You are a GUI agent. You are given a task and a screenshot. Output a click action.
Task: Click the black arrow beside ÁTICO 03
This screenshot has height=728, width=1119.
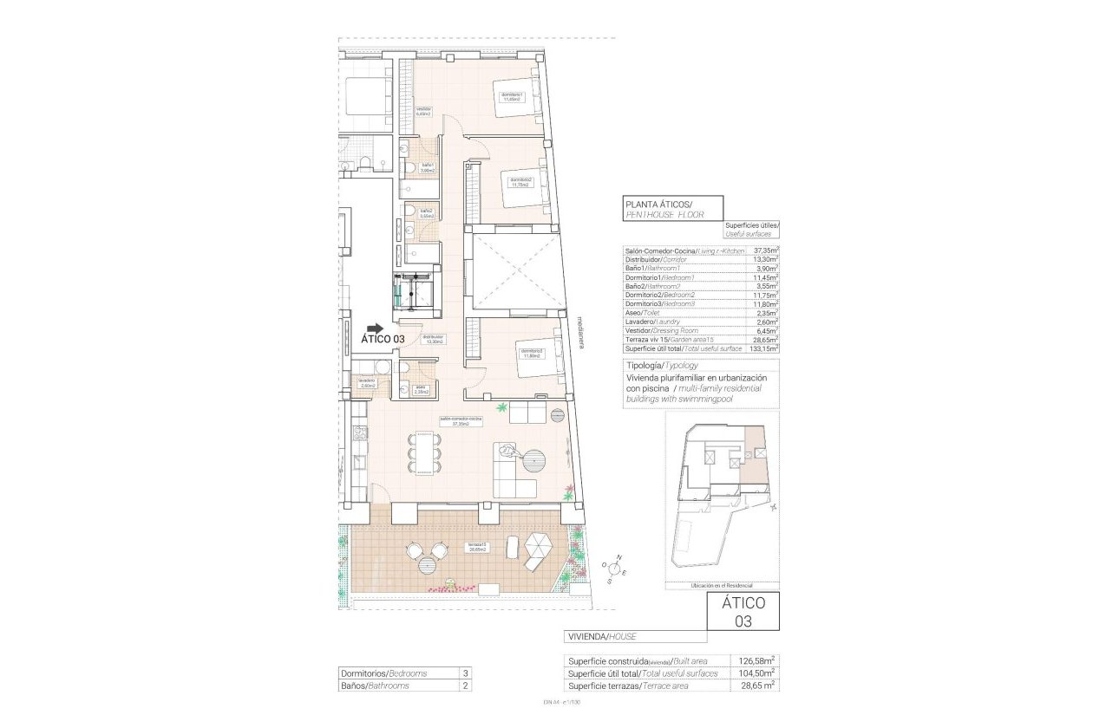pos(374,328)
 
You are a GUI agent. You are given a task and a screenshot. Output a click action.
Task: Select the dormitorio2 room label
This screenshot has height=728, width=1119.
pos(520,182)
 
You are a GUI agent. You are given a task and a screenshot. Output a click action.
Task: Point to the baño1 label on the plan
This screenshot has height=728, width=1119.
pos(428,167)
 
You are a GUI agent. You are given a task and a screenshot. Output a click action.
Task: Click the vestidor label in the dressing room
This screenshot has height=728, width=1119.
pos(423,111)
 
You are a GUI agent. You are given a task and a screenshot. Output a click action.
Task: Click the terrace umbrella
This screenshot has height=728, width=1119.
pos(539,547)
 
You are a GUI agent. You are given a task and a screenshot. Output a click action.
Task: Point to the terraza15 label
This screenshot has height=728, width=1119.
pos(476,547)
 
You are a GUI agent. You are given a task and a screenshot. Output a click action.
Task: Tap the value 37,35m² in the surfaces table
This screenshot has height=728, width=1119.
pos(766,250)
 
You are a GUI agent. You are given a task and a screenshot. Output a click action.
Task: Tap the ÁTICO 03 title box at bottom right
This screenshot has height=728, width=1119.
pos(743,611)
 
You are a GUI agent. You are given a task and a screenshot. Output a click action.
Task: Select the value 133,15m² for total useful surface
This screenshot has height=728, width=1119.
pos(764,348)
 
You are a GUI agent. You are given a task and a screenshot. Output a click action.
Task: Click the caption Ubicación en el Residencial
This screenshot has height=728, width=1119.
pos(722,585)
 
